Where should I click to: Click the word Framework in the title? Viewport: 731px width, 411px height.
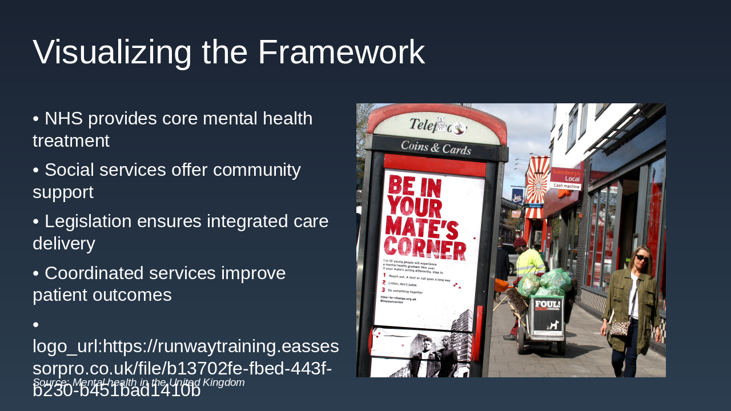pos(341,53)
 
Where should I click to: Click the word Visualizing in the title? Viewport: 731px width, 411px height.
pos(112,53)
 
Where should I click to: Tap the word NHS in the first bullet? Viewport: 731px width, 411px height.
pos(63,119)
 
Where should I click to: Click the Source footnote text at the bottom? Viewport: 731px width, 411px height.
pos(138,382)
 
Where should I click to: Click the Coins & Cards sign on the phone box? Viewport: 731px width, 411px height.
pos(436,148)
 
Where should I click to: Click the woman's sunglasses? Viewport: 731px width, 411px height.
pos(642,258)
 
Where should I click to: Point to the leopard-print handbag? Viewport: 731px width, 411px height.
pos(620,328)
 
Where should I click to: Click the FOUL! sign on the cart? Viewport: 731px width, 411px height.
pos(547,305)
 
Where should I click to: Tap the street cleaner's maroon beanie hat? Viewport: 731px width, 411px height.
pos(519,243)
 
